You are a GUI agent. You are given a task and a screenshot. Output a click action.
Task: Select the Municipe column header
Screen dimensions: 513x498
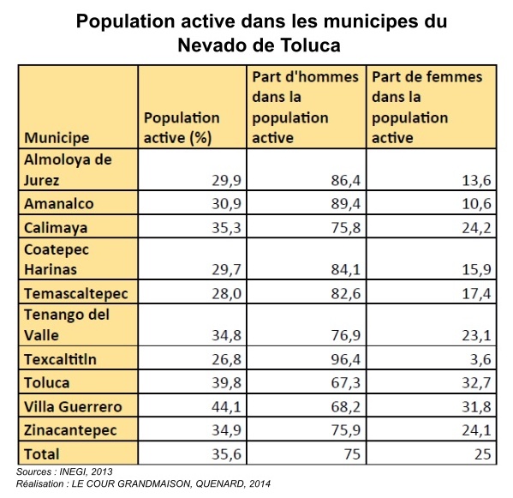pos(57,138)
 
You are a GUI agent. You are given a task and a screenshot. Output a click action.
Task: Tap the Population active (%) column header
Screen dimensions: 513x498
pos(182,128)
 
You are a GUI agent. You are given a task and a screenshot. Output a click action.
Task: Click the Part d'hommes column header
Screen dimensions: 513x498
pos(305,107)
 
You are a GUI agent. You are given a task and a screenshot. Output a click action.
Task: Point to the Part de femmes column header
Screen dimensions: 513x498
pos(427,107)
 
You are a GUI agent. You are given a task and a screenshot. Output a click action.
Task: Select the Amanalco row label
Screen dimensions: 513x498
pos(59,204)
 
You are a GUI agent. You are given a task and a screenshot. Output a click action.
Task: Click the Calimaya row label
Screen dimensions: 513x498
pos(56,228)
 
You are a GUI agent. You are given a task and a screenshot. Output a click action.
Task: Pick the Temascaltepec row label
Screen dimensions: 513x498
pos(76,293)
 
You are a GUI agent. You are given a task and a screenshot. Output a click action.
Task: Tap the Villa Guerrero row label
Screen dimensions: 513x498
pos(73,407)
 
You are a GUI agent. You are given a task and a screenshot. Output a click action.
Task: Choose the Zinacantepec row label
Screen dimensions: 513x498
pos(70,430)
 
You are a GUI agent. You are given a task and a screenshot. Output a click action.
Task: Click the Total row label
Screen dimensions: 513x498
pos(42,454)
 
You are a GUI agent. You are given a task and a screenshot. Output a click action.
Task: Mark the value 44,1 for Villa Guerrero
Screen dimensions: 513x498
pos(226,407)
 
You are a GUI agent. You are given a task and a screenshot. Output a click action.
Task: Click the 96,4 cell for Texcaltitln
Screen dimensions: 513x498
pos(345,359)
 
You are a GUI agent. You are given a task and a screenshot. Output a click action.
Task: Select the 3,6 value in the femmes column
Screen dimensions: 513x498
pos(480,359)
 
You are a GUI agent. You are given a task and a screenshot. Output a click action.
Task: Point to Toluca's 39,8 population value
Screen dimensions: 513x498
pos(226,383)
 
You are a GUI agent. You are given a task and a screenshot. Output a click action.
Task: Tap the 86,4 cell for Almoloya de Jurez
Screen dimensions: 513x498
pos(345,180)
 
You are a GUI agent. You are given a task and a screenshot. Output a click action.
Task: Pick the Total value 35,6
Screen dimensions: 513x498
pos(226,454)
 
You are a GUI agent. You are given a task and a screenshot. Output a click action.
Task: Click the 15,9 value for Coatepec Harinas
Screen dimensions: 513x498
pos(477,269)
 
